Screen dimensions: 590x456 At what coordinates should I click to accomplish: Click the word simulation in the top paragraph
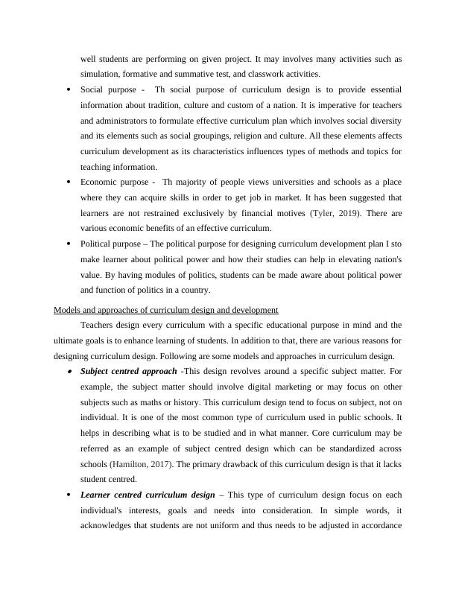coord(101,74)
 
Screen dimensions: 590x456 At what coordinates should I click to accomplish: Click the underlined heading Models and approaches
coord(166,309)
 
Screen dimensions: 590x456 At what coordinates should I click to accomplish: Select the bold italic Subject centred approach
coord(128,370)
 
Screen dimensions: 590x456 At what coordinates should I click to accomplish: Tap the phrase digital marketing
coord(235,386)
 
